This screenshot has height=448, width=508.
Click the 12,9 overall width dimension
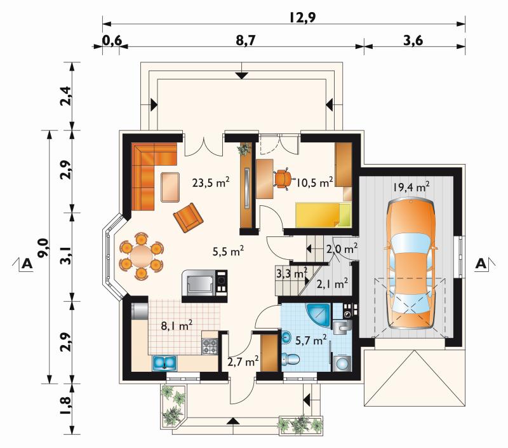point(302,17)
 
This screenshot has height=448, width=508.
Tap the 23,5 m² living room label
point(211,182)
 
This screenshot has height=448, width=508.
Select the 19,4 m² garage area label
point(411,187)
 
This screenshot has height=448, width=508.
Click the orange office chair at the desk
point(283,179)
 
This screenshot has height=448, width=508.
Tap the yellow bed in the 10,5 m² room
point(323,215)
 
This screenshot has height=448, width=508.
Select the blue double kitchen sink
point(164,363)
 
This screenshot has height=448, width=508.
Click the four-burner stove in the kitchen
point(210,346)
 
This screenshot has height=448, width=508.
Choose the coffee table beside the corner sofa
point(170,187)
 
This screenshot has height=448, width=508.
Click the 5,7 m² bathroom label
point(311,341)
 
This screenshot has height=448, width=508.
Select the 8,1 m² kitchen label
point(177,325)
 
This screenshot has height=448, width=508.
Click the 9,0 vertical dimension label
point(43,247)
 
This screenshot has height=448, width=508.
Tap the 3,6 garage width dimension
point(413,41)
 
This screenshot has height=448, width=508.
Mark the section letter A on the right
point(481,264)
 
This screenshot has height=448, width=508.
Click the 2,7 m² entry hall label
point(243,362)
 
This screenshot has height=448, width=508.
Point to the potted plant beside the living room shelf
point(244,149)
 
